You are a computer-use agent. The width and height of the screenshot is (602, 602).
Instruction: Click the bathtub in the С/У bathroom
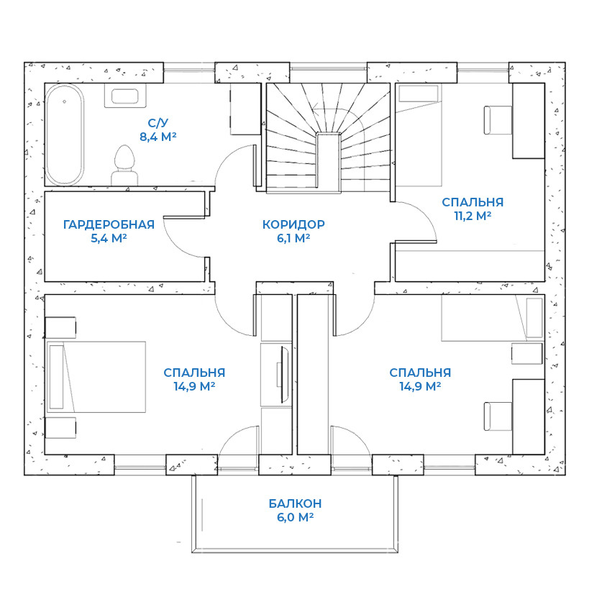tap(64, 134)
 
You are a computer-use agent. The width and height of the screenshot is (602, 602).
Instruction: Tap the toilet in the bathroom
tap(124, 165)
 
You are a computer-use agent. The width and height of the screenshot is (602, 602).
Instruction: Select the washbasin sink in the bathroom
tap(124, 96)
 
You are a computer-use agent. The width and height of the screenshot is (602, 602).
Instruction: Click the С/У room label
tap(158, 123)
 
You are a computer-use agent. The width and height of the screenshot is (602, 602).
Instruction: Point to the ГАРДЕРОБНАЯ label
tap(109, 224)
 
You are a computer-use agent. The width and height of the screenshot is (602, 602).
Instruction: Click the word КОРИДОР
tap(293, 224)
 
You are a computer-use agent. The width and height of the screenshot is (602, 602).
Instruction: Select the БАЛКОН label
tap(295, 503)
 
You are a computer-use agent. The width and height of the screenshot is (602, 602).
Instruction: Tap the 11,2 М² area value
tap(473, 216)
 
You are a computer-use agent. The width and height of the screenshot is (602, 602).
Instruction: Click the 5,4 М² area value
tap(109, 238)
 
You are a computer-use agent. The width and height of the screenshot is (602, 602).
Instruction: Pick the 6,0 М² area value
tap(295, 517)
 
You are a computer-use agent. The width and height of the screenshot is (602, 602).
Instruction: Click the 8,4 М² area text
tap(158, 137)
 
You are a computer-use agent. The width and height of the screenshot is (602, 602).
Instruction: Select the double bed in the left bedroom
tap(96, 377)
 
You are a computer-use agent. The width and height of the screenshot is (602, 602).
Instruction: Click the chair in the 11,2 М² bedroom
tap(498, 120)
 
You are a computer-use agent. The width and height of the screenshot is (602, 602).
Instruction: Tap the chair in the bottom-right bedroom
tap(498, 416)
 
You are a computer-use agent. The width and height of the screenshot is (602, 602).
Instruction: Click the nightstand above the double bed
tap(60, 328)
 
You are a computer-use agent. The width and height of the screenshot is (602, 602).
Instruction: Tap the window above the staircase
tap(328, 69)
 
